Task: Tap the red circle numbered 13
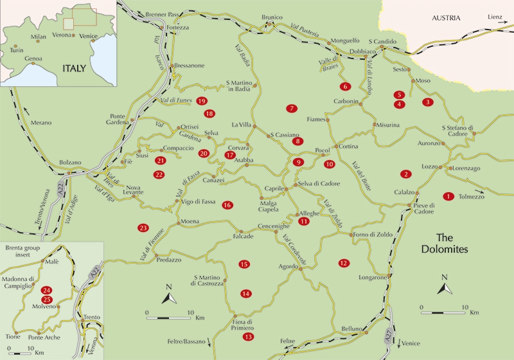point(248,337)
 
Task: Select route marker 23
point(143,228)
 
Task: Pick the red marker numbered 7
point(292,108)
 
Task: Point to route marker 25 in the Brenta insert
point(46,300)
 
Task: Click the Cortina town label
point(348,147)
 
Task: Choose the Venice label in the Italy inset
point(89,37)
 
